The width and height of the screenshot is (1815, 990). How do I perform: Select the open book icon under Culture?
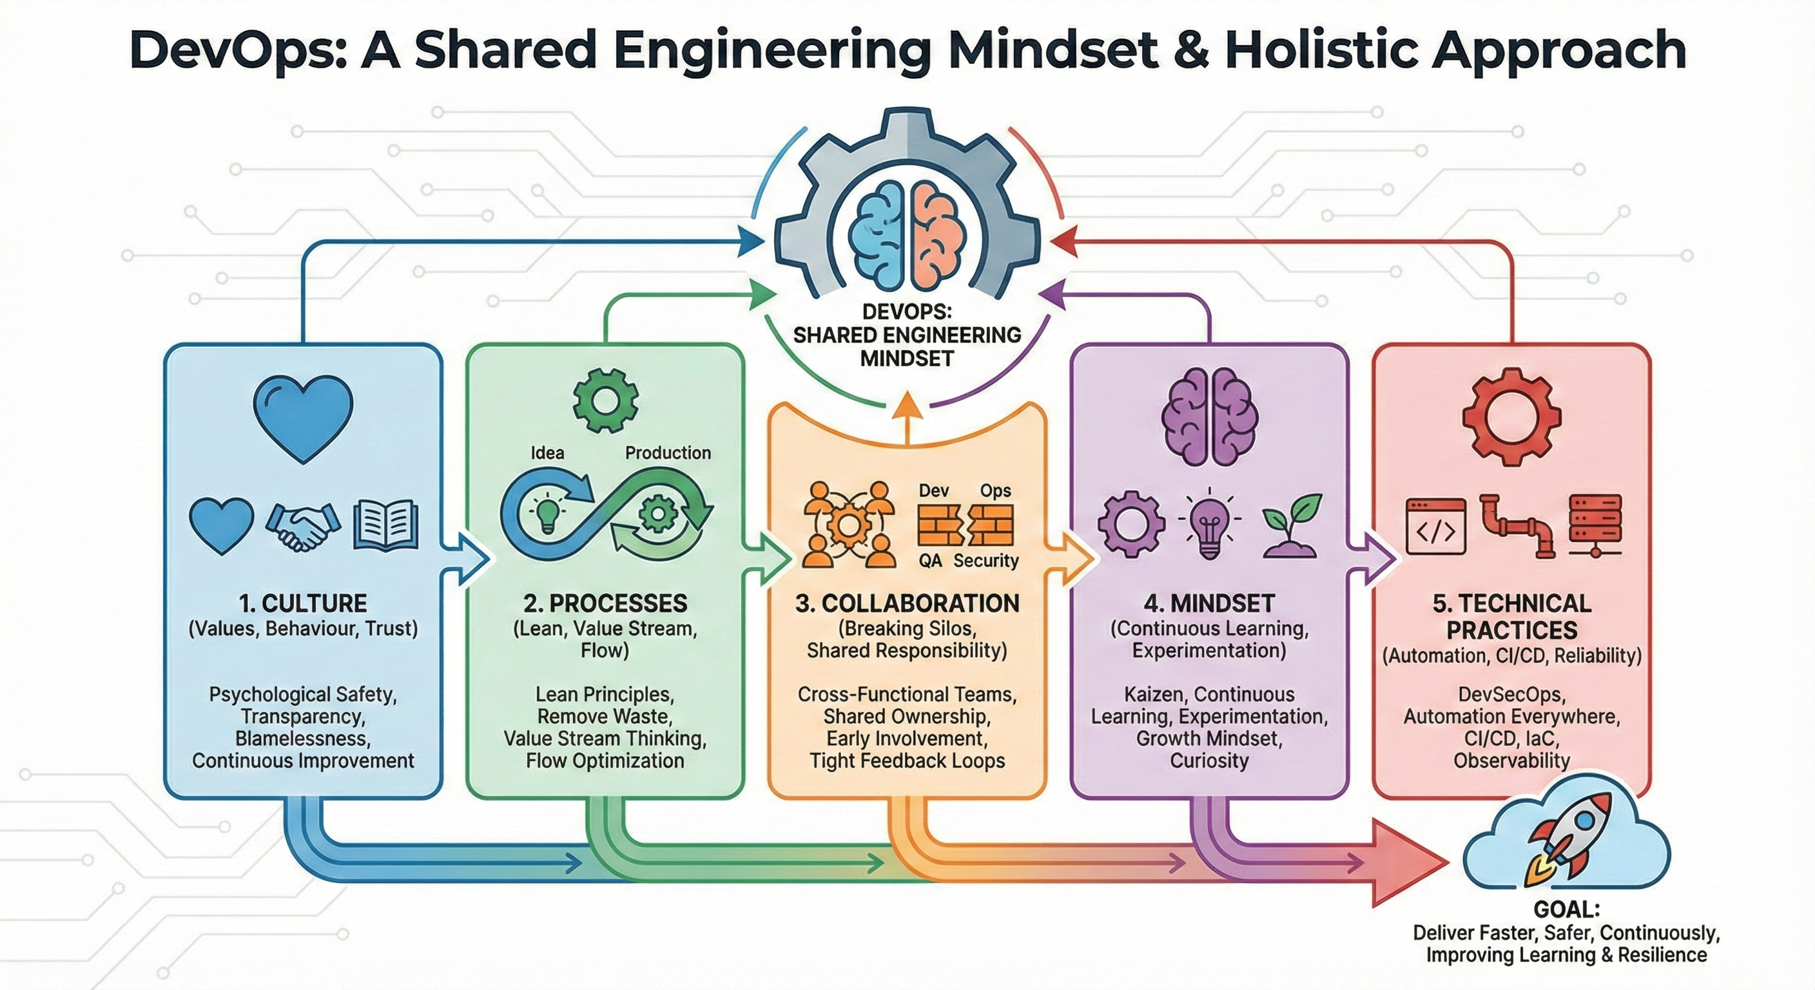pyautogui.click(x=385, y=525)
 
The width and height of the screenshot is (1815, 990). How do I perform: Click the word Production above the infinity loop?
pyautogui.click(x=668, y=452)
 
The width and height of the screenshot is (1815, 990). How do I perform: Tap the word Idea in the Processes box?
pyautogui.click(x=547, y=452)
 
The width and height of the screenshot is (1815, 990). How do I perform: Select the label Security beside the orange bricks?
pyautogui.click(x=985, y=560)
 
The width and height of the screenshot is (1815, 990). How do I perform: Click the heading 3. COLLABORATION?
pyautogui.click(x=907, y=603)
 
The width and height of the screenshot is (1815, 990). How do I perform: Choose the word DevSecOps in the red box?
pyautogui.click(x=1511, y=694)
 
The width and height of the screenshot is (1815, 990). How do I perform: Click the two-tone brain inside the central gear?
pyautogui.click(x=907, y=233)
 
